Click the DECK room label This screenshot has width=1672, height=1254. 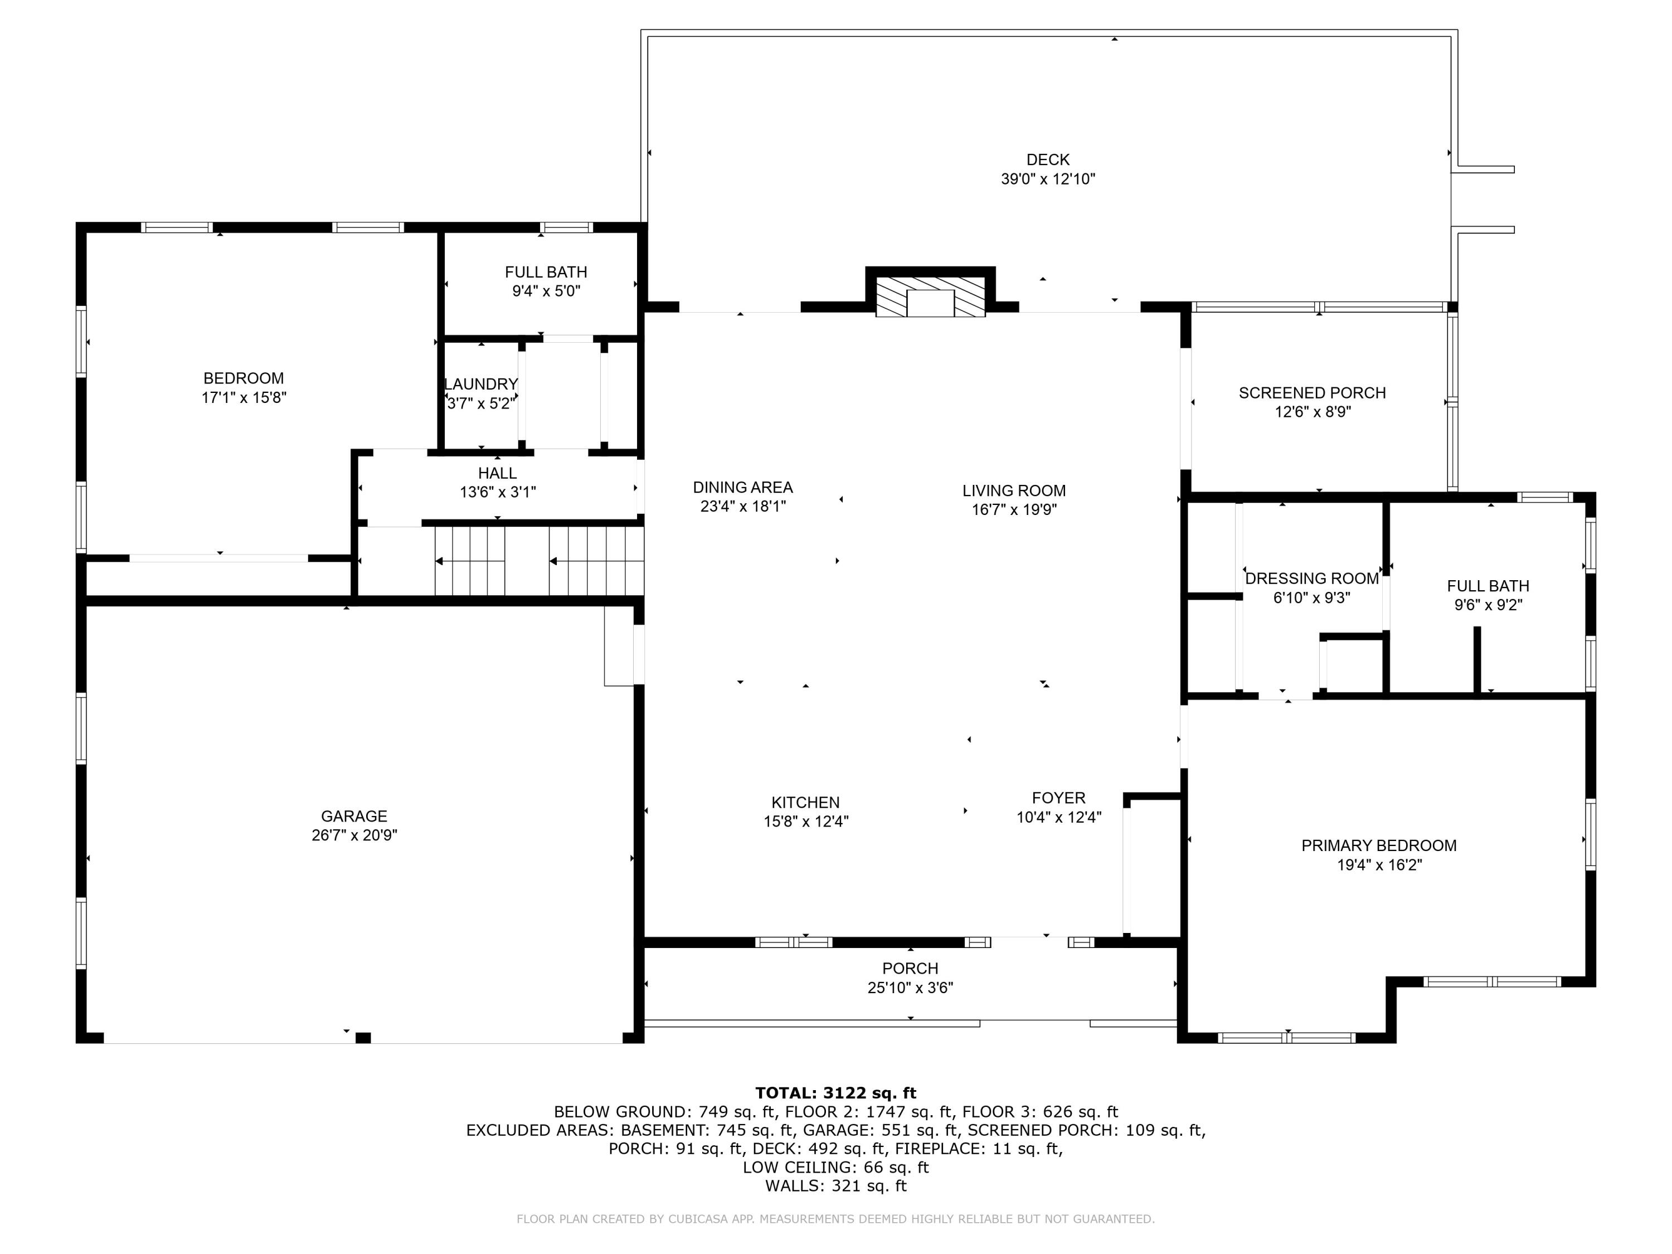pos(1048,159)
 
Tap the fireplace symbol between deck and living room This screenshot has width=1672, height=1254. pos(931,297)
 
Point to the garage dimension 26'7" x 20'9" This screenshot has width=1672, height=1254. pos(354,835)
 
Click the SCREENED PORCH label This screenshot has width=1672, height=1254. pos(1312,393)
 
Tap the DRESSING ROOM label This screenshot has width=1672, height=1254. pos(1311,579)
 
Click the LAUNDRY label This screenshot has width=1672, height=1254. pos(481,384)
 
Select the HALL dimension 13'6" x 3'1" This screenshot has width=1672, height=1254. pos(497,492)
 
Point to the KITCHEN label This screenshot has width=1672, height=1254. pos(806,803)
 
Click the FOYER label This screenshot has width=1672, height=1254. pos(1058,798)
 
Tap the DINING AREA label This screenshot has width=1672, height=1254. pos(743,488)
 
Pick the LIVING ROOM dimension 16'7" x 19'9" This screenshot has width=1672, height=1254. pos(1014,509)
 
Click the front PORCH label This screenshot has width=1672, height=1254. pos(910,968)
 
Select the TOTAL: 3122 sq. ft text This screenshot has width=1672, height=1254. pos(835,1093)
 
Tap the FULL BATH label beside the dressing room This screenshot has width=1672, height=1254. pos(1488,586)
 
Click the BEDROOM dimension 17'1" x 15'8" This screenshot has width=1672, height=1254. pos(244,397)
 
